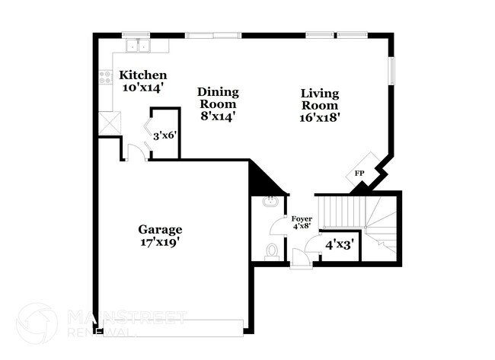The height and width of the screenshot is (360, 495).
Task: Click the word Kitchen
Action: (x=142, y=75)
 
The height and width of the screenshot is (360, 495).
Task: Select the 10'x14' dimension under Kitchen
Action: (x=142, y=88)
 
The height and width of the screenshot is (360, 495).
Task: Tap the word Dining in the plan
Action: (x=219, y=92)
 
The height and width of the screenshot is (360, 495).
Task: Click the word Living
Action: (x=319, y=93)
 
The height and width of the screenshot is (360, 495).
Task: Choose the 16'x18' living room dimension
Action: (x=320, y=117)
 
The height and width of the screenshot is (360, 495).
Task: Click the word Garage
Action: (x=160, y=229)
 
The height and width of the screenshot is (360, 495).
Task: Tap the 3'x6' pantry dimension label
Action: (x=165, y=136)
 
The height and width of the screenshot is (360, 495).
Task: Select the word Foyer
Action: (x=302, y=219)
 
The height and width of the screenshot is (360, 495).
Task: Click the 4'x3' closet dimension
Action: (x=339, y=245)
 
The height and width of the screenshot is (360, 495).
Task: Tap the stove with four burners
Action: (x=106, y=77)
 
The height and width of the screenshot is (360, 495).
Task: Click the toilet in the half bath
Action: (x=270, y=250)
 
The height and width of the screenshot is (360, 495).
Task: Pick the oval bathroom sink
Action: (x=270, y=202)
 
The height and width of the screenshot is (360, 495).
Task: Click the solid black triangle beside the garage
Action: (x=263, y=180)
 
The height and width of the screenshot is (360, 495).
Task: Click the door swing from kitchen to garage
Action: (x=136, y=152)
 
